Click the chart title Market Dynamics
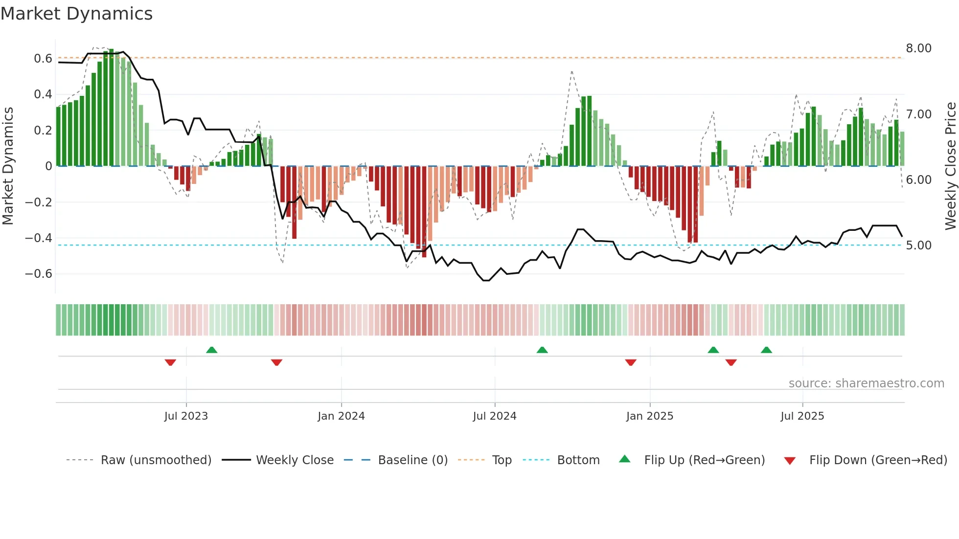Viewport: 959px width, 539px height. coord(76,14)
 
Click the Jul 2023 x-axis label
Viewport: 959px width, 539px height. coord(186,416)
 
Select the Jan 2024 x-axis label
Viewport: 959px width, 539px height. coord(341,416)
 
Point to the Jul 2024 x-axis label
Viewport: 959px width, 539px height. coord(494,416)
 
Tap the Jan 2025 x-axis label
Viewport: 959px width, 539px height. coord(649,416)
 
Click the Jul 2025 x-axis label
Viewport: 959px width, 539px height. coord(802,416)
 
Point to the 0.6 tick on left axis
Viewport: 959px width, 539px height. coord(43,59)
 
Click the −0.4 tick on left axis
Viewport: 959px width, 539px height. coord(39,238)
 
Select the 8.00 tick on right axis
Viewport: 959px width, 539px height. coord(918,48)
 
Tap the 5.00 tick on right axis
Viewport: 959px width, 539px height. coord(918,246)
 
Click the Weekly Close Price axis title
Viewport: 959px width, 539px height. coord(950,166)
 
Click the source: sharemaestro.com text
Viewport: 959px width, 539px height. coord(866,383)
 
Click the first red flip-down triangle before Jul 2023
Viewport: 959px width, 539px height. coord(170,362)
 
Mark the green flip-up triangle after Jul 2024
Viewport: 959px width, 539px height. coord(542,350)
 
